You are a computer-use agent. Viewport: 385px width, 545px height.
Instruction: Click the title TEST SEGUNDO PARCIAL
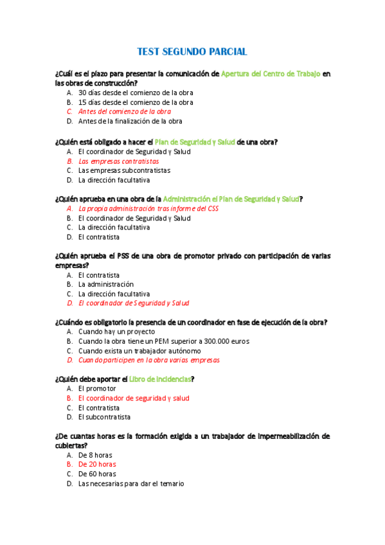pyautogui.click(x=192, y=51)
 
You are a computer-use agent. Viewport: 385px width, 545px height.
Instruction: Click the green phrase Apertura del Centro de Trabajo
pyautogui.click(x=270, y=74)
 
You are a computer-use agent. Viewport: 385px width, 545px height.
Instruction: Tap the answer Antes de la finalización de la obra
pyautogui.click(x=130, y=121)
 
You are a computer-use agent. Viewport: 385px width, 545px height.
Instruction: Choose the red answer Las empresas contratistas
pyautogui.click(x=118, y=161)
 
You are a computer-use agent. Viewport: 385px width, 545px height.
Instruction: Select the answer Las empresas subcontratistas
pyautogui.click(x=124, y=171)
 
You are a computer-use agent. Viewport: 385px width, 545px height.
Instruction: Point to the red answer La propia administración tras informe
pyautogui.click(x=148, y=209)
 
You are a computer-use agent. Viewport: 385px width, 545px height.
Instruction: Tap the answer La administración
pyautogui.click(x=105, y=284)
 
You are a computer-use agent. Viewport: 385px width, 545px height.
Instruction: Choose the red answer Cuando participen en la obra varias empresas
pyautogui.click(x=148, y=361)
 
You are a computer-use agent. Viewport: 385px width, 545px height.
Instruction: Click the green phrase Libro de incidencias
pyautogui.click(x=159, y=379)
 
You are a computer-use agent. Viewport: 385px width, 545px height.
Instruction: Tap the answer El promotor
pyautogui.click(x=97, y=389)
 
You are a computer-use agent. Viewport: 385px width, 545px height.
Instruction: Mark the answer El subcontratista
pyautogui.click(x=104, y=417)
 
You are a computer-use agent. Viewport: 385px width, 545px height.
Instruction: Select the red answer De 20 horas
pyautogui.click(x=97, y=464)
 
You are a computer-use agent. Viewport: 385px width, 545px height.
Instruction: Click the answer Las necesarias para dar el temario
pyautogui.click(x=130, y=483)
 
